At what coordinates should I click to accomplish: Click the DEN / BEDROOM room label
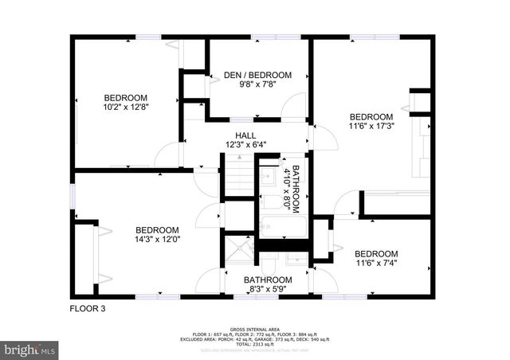pos(257,76)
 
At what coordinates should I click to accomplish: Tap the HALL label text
pos(245,135)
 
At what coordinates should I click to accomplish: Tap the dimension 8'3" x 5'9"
pos(268,290)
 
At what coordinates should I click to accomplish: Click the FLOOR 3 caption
pos(88,308)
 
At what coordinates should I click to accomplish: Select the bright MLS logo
pos(30,349)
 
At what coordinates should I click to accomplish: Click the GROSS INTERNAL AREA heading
pos(254,328)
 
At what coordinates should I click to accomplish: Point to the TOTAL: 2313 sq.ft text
pos(255,343)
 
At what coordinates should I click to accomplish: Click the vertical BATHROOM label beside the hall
pos(295,189)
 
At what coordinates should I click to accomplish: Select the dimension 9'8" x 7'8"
pos(257,85)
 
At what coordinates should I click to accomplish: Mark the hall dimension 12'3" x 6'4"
pos(245,144)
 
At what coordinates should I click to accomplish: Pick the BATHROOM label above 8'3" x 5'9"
pos(268,280)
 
